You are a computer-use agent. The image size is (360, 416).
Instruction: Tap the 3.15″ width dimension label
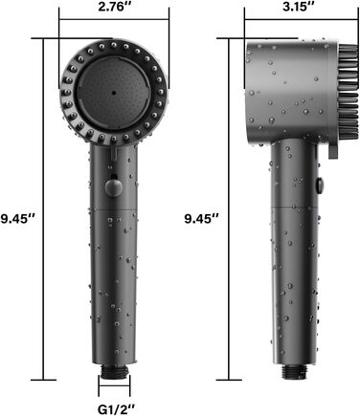299,7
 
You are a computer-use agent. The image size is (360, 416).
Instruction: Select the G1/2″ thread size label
117,409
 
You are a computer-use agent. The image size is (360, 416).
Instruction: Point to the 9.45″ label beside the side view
202,219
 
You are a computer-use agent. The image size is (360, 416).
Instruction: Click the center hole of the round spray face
114,93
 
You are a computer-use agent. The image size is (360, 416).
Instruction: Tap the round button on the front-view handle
113,188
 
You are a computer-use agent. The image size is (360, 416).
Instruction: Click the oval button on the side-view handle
319,186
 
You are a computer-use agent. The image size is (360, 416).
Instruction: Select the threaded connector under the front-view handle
114,371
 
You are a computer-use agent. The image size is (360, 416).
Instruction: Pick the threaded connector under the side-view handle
294,372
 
